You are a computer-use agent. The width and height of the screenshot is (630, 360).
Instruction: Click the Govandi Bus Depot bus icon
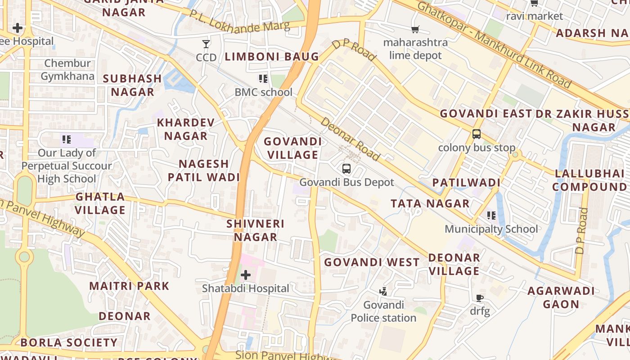(x=346, y=169)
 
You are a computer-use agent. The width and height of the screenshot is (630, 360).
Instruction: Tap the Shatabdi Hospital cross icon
(x=246, y=274)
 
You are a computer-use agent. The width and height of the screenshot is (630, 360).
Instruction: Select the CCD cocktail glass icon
(x=206, y=44)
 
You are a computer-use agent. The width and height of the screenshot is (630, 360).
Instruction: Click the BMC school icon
(x=263, y=79)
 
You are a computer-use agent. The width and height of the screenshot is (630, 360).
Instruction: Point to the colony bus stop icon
(x=476, y=134)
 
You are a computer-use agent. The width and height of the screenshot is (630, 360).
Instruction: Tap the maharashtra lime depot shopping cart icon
(x=415, y=30)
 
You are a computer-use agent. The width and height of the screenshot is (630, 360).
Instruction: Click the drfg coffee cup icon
(x=480, y=298)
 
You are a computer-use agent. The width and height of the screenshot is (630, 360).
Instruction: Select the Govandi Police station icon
(x=383, y=292)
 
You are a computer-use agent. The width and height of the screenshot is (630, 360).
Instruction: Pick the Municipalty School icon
(x=491, y=216)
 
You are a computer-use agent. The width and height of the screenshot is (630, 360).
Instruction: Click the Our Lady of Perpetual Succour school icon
(x=67, y=139)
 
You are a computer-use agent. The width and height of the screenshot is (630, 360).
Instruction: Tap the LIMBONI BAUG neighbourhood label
(x=272, y=57)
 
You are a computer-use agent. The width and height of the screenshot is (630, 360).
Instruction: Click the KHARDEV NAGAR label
(x=186, y=129)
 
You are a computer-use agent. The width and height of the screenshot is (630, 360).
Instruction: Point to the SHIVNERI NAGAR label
(x=255, y=230)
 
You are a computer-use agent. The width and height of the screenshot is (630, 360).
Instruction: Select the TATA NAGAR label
(x=430, y=203)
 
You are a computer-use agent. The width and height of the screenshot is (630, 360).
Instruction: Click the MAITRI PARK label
(x=129, y=286)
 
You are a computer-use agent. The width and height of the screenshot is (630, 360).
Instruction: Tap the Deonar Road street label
(x=351, y=139)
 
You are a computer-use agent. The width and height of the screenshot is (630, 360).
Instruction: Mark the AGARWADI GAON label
(x=561, y=297)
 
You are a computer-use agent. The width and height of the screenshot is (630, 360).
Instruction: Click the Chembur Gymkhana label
(x=67, y=70)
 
